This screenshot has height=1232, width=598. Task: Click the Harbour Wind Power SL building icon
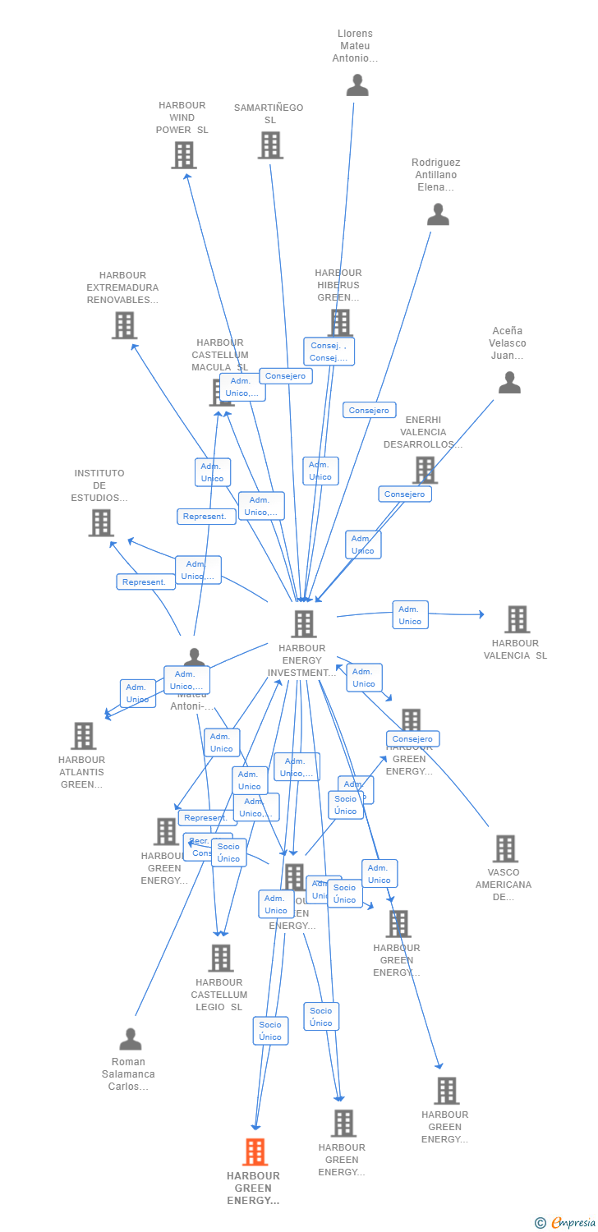(x=183, y=154)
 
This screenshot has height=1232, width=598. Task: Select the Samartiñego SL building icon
(x=270, y=145)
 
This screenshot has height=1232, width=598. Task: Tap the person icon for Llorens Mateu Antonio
(x=356, y=85)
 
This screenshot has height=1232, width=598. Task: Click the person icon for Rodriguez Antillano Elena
(x=438, y=214)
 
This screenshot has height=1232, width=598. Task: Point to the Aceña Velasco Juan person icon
(x=509, y=383)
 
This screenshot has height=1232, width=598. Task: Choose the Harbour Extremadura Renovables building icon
(x=124, y=325)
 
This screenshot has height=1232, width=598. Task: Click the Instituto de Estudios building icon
(x=101, y=522)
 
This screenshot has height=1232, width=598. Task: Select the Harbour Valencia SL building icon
(x=517, y=619)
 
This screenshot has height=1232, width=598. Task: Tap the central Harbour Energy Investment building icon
(x=303, y=624)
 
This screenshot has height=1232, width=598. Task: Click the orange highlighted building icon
(x=255, y=1152)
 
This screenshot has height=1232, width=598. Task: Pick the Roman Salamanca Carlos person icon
(x=130, y=1039)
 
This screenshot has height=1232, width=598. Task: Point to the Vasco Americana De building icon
(x=504, y=848)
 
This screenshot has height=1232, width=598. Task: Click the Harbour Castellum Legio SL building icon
(x=220, y=958)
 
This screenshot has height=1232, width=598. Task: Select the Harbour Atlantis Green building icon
(x=83, y=736)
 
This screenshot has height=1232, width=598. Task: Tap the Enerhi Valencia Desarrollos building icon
(x=424, y=470)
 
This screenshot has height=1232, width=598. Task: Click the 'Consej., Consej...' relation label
(x=329, y=352)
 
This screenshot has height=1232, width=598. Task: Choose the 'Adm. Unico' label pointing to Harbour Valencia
(x=410, y=615)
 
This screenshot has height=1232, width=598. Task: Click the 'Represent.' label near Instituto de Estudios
(x=145, y=582)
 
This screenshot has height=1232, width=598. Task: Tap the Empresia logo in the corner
(x=566, y=1223)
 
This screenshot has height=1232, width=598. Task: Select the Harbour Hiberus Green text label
(x=338, y=285)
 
